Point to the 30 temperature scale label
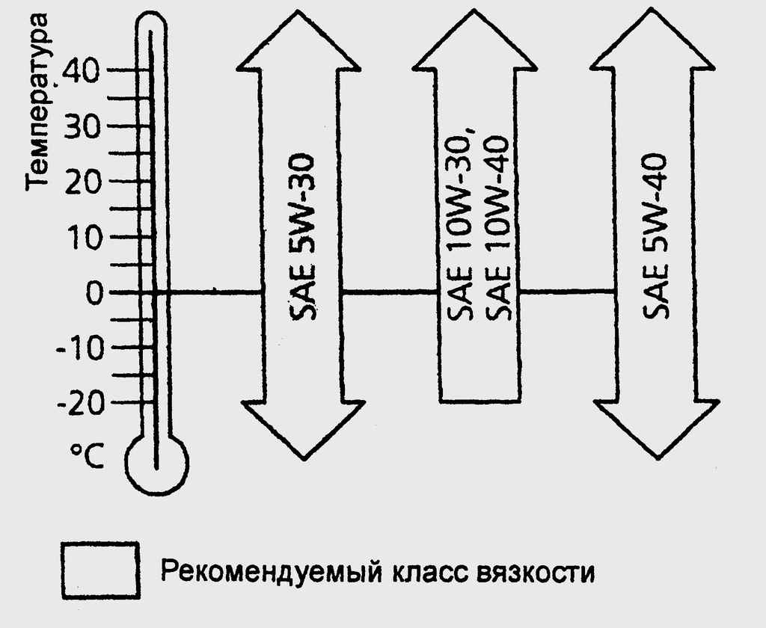click(82, 127)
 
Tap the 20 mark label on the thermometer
click(83, 182)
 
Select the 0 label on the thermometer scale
click(95, 293)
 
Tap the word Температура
click(37, 100)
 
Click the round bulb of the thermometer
click(156, 462)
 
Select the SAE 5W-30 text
click(303, 238)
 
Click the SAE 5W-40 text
click(655, 237)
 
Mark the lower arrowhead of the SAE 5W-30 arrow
click(304, 430)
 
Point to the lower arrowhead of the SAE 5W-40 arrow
click(656, 429)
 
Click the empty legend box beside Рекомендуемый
click(101, 570)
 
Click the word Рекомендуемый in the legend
click(272, 573)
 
